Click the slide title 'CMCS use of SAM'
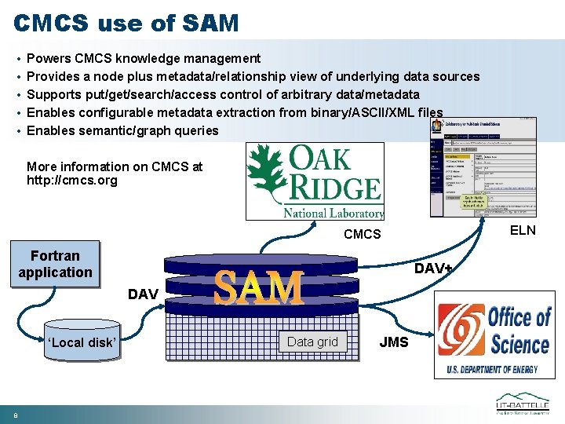point(126,23)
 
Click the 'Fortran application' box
point(55,264)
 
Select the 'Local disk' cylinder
point(82,342)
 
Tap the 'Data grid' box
point(312,342)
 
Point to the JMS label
point(394,342)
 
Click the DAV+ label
point(434,269)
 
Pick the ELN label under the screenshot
point(523,230)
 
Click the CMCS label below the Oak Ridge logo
point(362,234)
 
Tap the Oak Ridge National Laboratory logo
point(315,181)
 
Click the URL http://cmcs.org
point(71,181)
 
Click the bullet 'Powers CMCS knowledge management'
point(144,58)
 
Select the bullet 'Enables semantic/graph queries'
point(122,130)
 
